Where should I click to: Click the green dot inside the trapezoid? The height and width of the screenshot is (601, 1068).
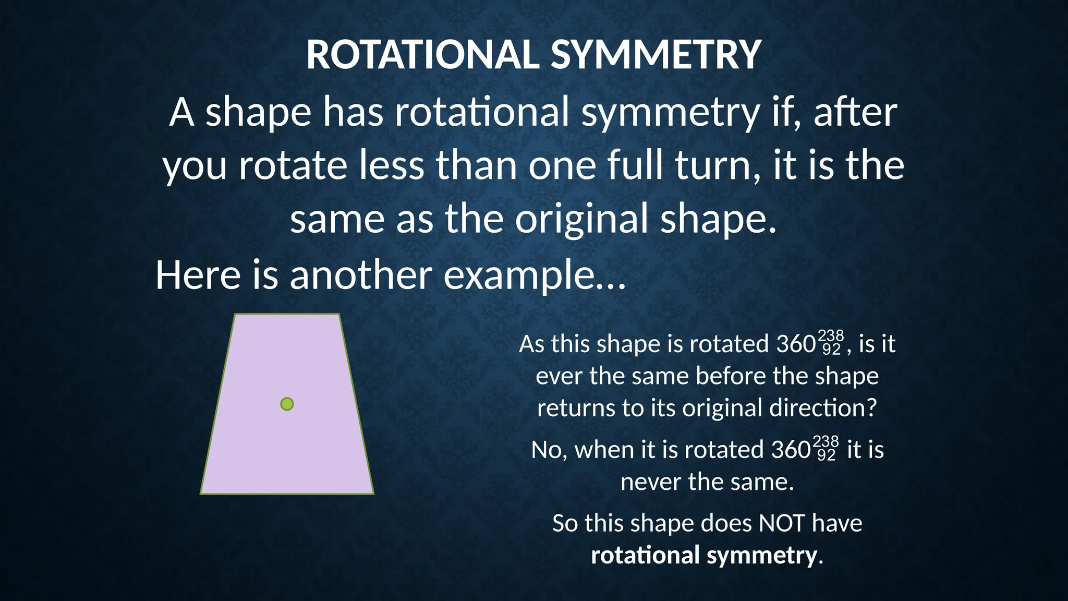pyautogui.click(x=287, y=404)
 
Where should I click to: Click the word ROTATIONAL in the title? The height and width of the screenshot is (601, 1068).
pyautogui.click(x=422, y=55)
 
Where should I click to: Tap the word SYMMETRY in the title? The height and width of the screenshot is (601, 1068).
pyautogui.click(x=656, y=55)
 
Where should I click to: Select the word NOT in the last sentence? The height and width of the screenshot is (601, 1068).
pyautogui.click(x=782, y=523)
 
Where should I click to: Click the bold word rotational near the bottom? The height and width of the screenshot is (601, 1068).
pyautogui.click(x=645, y=555)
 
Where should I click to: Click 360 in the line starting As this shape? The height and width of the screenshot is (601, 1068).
pyautogui.click(x=796, y=344)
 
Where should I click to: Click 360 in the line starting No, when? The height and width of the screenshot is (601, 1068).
pyautogui.click(x=791, y=450)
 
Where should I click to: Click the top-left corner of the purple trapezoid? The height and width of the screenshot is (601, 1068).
pyautogui.click(x=236, y=315)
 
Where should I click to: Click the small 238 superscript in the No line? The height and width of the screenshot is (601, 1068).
pyautogui.click(x=826, y=442)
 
